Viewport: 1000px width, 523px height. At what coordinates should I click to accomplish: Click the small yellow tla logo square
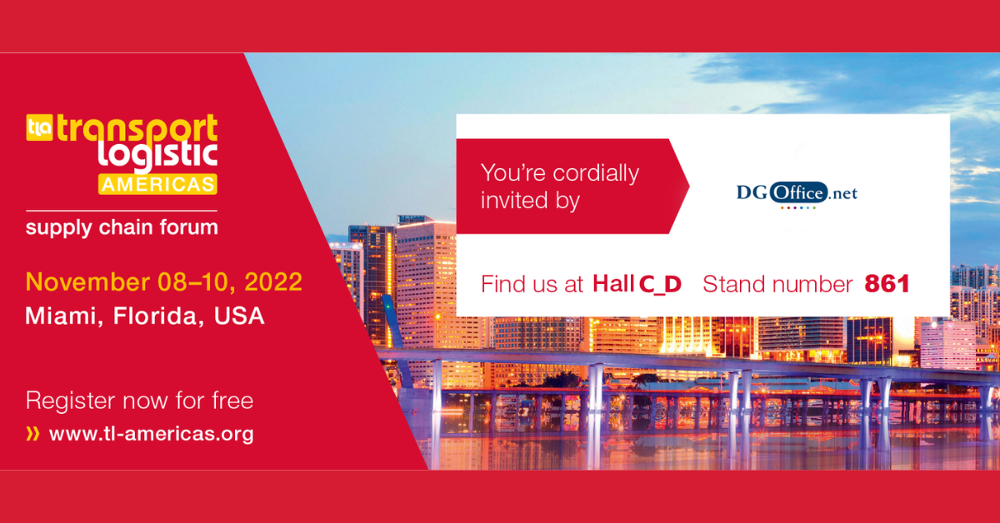pyautogui.click(x=40, y=127)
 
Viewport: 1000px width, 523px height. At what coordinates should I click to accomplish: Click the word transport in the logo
pyautogui.click(x=137, y=127)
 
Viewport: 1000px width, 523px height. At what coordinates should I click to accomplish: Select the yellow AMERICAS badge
pyautogui.click(x=157, y=184)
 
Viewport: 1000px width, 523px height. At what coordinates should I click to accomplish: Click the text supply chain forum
pyautogui.click(x=122, y=227)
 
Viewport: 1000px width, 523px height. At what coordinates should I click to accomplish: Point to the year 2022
pyautogui.click(x=273, y=282)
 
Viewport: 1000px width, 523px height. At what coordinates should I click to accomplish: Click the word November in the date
pyautogui.click(x=87, y=282)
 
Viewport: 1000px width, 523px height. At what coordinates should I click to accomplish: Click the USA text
pyautogui.click(x=239, y=316)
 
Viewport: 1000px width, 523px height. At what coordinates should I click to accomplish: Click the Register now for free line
pyautogui.click(x=139, y=401)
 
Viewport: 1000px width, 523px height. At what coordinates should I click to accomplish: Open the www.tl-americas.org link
pyautogui.click(x=152, y=434)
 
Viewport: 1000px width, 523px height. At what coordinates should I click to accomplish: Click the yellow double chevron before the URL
pyautogui.click(x=33, y=434)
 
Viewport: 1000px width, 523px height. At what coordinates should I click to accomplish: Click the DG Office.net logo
pyautogui.click(x=797, y=195)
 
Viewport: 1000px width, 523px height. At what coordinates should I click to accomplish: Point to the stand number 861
pyautogui.click(x=887, y=284)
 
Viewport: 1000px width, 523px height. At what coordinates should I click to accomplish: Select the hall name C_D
pyautogui.click(x=660, y=285)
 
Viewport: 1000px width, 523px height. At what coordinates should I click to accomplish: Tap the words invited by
pyautogui.click(x=530, y=201)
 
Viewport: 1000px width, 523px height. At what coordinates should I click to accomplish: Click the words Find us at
pyautogui.click(x=532, y=284)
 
